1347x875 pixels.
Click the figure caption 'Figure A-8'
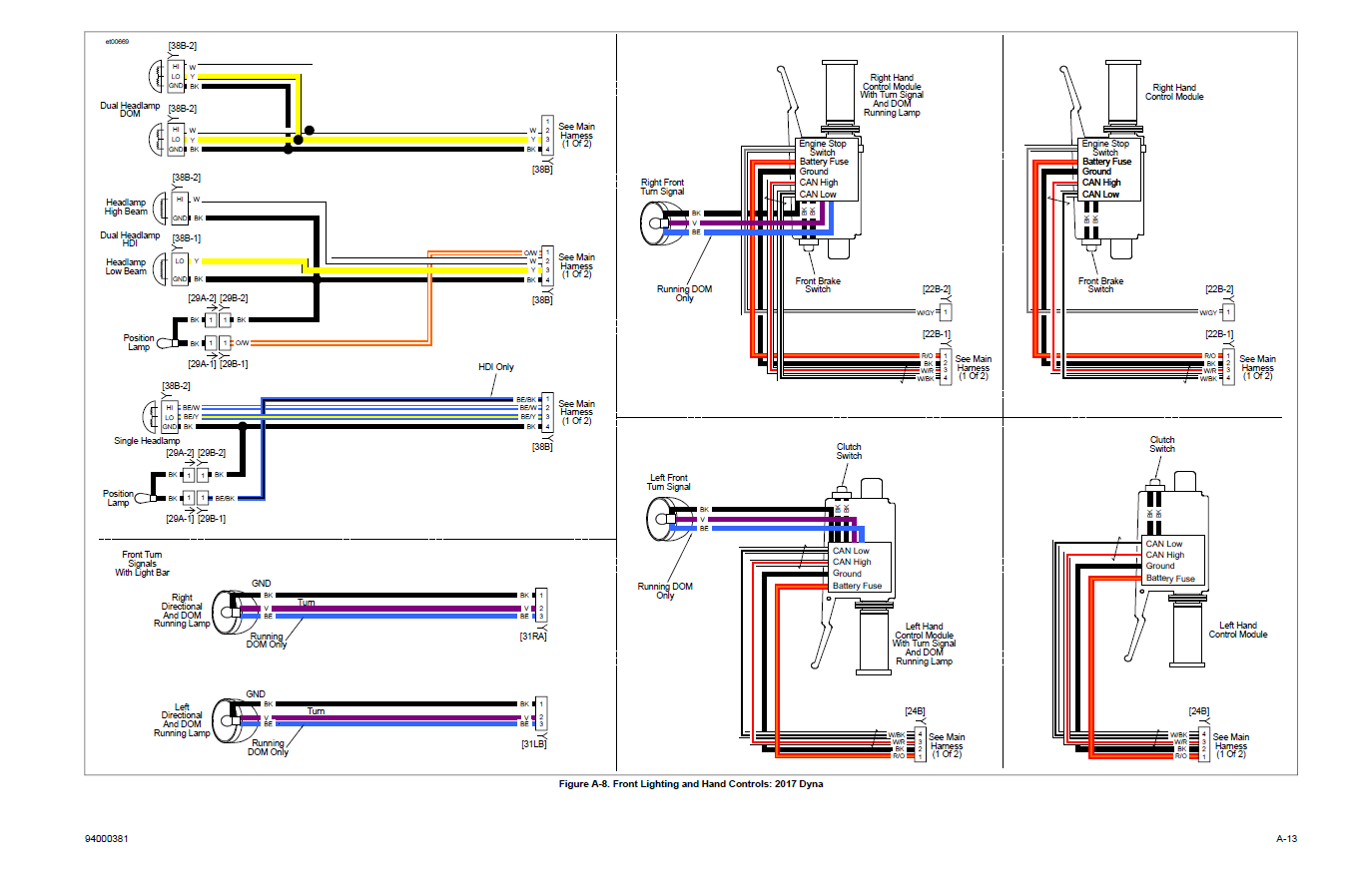[691, 784]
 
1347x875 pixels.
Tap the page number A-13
[1286, 839]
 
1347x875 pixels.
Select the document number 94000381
[107, 839]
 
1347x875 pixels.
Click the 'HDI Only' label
[496, 367]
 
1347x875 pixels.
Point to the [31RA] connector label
[532, 635]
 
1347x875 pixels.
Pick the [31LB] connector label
[532, 743]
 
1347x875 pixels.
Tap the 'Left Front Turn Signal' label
[670, 482]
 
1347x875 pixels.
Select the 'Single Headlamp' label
[147, 440]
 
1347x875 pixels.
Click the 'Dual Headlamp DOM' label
[130, 109]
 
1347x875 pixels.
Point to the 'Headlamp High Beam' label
[126, 207]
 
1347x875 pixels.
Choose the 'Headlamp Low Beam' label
[126, 266]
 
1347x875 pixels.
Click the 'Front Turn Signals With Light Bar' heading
[143, 564]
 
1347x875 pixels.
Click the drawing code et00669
[117, 42]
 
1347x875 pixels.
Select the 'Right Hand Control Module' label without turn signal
[1174, 92]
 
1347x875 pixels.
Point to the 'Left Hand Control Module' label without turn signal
[1238, 630]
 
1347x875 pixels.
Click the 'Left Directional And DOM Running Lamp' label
[182, 723]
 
